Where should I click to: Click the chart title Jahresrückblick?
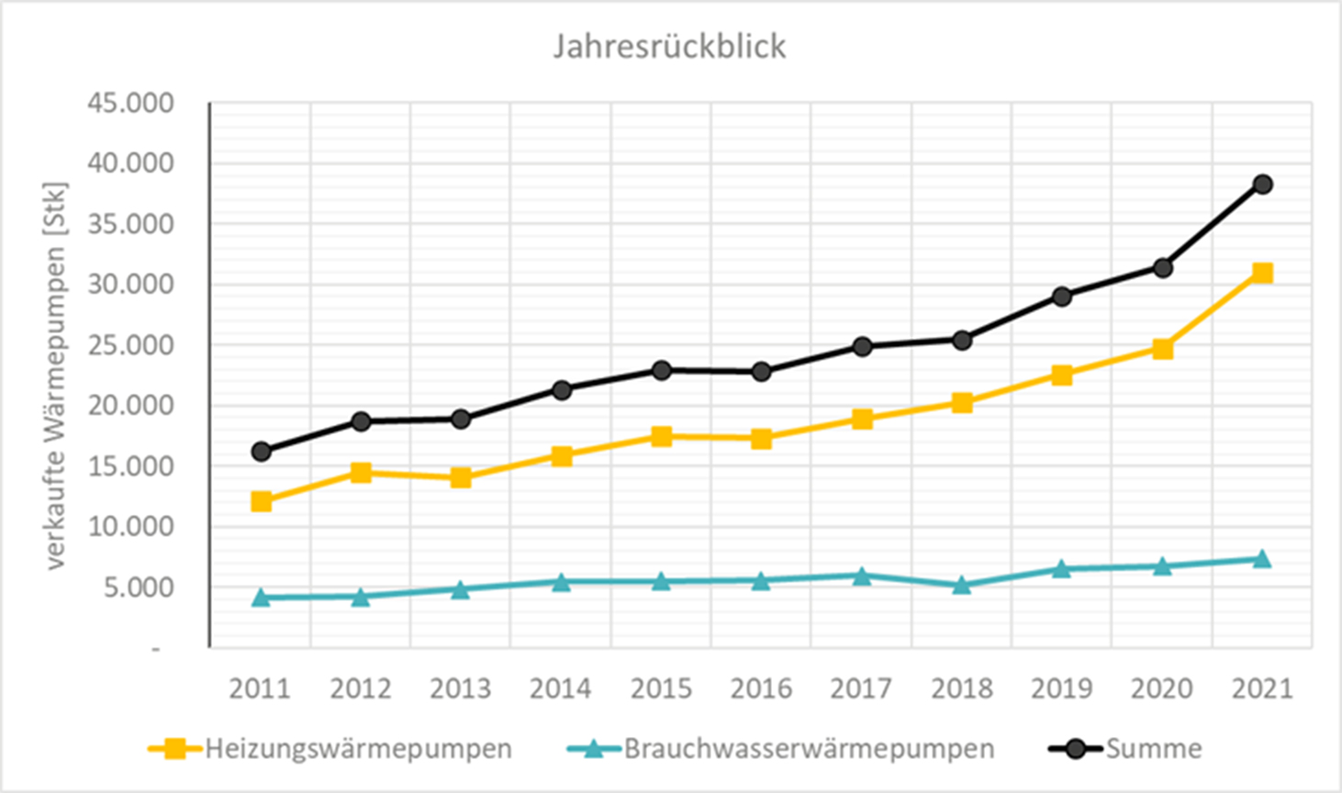coord(669,47)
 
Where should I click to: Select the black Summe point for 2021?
coord(1262,184)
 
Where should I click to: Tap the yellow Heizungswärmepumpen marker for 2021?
coord(1262,273)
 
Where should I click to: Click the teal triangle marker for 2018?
coord(962,585)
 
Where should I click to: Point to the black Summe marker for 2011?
coord(261,452)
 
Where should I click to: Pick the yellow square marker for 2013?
coord(461,477)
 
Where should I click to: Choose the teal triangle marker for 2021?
coord(1262,559)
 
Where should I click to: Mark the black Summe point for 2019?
coord(1062,296)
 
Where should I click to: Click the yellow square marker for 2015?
coord(661,436)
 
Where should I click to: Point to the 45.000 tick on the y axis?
coord(130,104)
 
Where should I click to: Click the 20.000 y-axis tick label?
coord(130,406)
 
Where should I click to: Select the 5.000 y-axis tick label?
coord(138,587)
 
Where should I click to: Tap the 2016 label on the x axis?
coord(761,688)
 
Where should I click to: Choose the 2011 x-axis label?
coord(260,688)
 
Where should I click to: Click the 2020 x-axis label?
coord(1162,688)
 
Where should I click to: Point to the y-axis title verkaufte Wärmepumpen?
coord(57,376)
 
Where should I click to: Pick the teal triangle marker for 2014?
coord(561,582)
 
